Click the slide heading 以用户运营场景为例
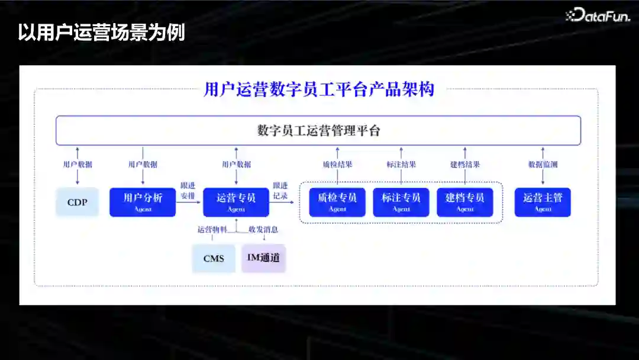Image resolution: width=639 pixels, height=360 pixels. (x=101, y=32)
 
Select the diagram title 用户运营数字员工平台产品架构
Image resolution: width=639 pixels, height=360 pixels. (x=319, y=89)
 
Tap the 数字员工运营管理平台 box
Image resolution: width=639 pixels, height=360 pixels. (x=318, y=131)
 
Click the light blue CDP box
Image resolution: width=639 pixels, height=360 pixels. (x=77, y=202)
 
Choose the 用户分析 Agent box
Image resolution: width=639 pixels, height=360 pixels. (x=143, y=202)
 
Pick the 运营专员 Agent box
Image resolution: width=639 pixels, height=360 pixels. (x=236, y=202)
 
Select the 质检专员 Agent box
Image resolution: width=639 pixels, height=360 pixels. (x=337, y=202)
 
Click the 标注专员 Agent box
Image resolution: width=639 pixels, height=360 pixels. (x=401, y=202)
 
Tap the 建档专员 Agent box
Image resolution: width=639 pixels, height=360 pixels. (x=465, y=202)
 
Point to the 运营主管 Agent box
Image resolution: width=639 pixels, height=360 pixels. (x=543, y=202)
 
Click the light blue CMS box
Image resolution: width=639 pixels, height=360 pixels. (x=214, y=259)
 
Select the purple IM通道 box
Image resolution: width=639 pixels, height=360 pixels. (x=263, y=258)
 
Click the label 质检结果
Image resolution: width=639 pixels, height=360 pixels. (x=337, y=165)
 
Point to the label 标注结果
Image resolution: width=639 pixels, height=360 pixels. (x=401, y=165)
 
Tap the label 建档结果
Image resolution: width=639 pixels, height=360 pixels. (x=465, y=165)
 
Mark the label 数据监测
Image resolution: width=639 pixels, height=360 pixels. (x=543, y=165)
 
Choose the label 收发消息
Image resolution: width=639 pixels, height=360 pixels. (x=263, y=230)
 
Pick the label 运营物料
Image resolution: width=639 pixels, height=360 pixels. (x=212, y=230)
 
